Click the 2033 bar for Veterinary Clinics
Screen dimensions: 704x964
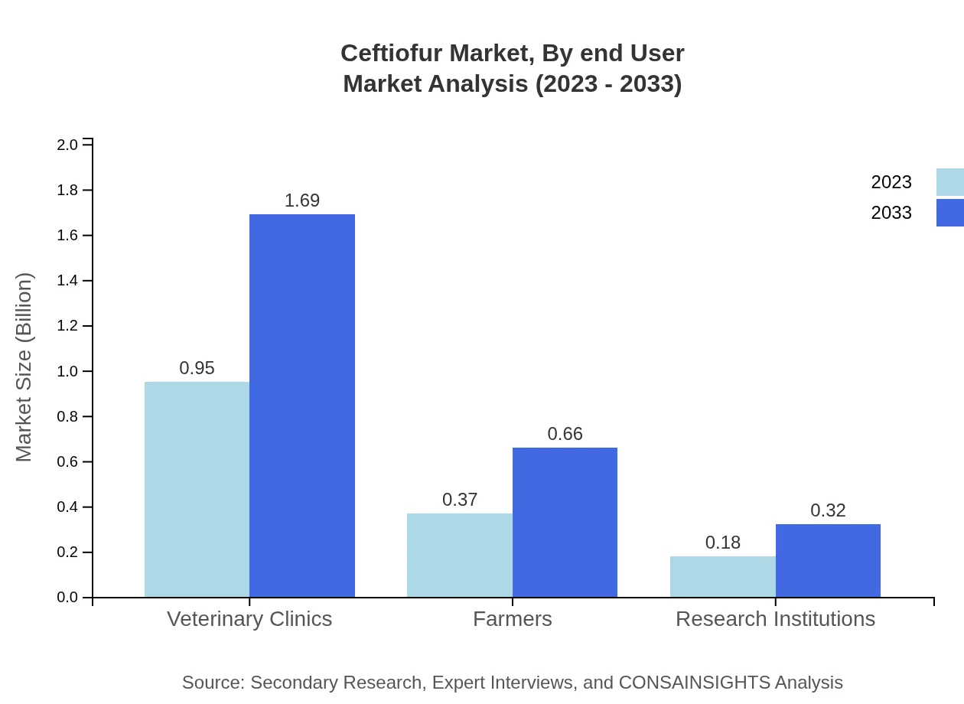point(302,406)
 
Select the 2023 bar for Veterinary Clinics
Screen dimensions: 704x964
point(197,490)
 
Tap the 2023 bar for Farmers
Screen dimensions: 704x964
point(459,555)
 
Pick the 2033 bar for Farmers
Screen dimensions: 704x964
point(565,522)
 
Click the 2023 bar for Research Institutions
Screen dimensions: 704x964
point(722,576)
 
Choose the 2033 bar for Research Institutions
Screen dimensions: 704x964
point(828,560)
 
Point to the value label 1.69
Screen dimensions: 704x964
point(302,200)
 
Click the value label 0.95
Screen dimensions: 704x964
point(197,368)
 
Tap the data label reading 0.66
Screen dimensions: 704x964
point(565,434)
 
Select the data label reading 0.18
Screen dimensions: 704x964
point(722,543)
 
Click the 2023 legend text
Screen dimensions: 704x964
point(891,182)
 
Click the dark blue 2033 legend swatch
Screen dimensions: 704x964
point(949,213)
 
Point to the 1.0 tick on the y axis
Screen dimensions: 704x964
point(67,372)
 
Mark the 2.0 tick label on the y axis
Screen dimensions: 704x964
point(67,145)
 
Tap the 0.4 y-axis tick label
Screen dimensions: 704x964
point(67,507)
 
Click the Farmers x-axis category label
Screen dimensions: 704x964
point(512,618)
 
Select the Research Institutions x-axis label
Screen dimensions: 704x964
point(775,618)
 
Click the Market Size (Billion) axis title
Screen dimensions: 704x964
point(24,367)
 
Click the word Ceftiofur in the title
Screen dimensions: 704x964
point(391,54)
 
